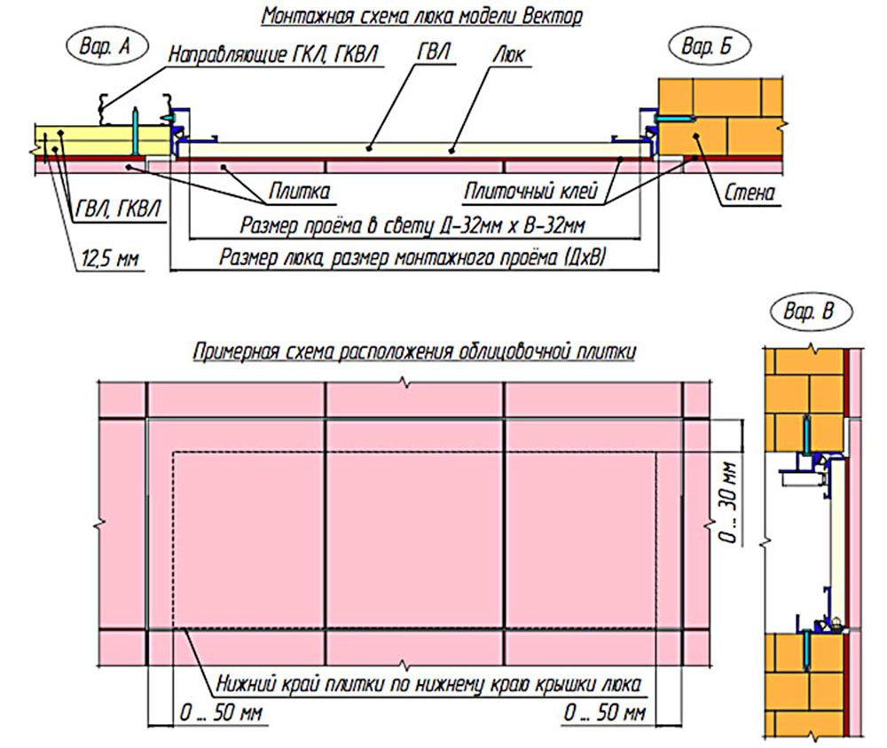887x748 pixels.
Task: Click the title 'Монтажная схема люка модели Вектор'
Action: (x=423, y=17)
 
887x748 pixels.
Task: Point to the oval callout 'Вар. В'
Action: (x=808, y=312)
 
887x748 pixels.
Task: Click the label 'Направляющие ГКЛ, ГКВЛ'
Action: (x=275, y=55)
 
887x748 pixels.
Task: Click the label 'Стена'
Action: (x=750, y=191)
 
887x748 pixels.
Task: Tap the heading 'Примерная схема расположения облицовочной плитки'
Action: (x=413, y=351)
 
